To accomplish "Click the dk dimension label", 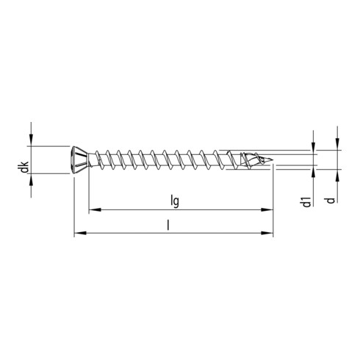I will (24, 167).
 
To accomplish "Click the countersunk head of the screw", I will (82, 160).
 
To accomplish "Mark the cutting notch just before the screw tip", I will (250, 159).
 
